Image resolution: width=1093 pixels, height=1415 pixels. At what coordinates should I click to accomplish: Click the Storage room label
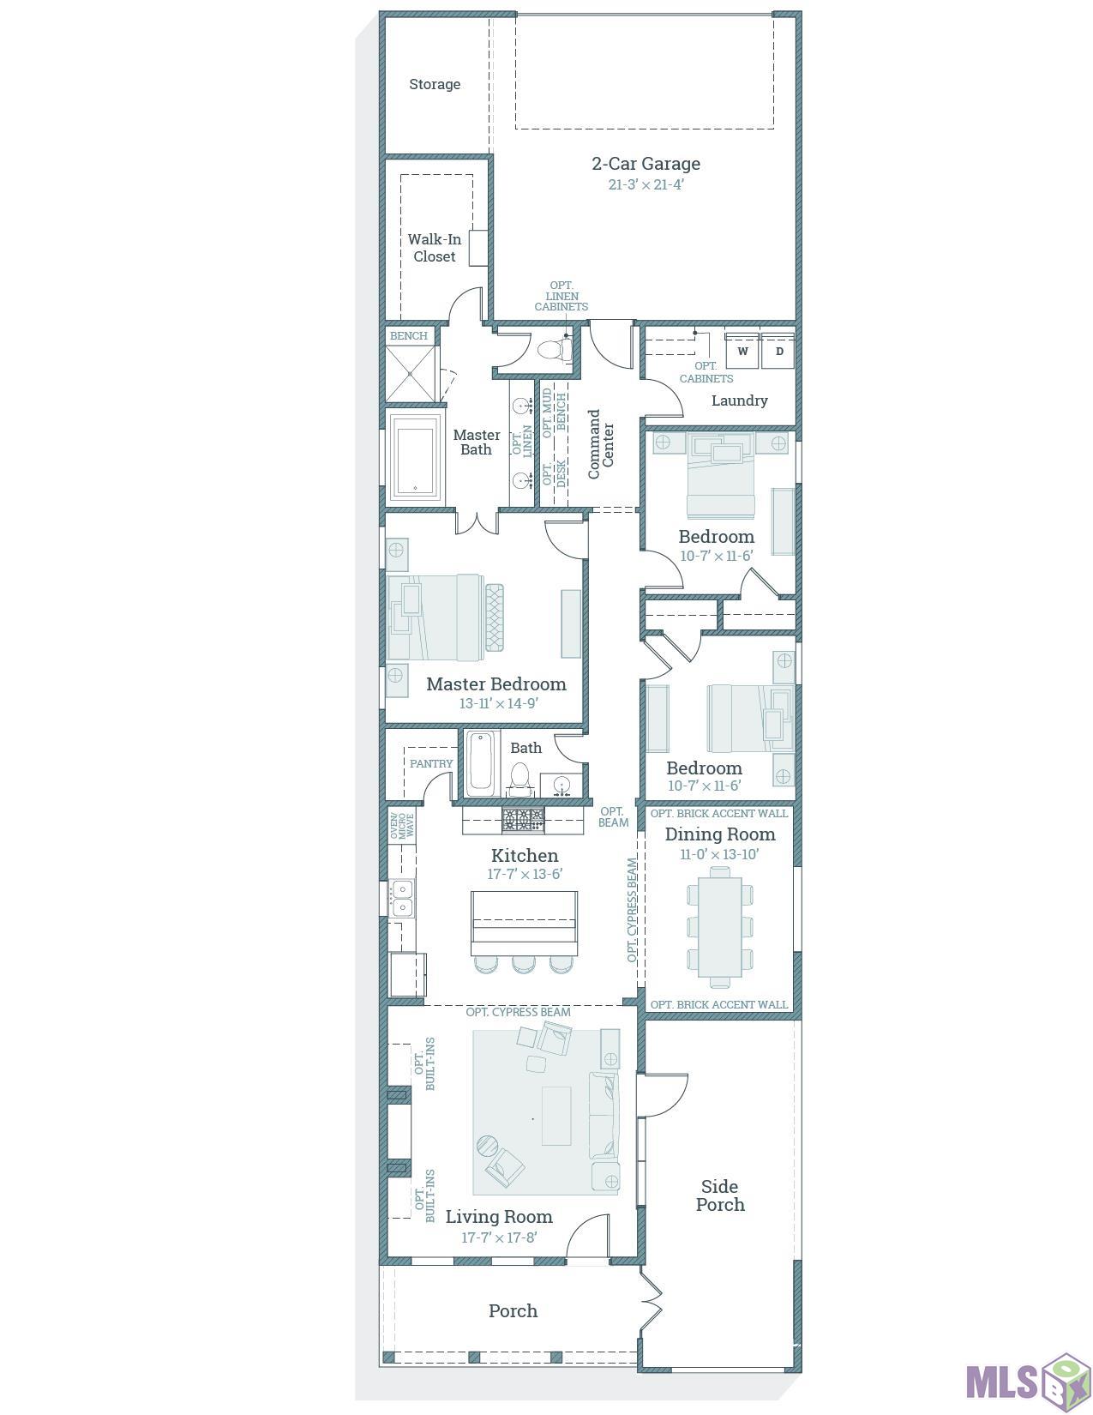(x=435, y=84)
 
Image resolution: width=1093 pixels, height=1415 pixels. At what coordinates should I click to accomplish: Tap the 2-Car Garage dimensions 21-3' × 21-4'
(x=646, y=184)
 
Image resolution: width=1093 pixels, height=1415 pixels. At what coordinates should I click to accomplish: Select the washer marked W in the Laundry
(x=742, y=352)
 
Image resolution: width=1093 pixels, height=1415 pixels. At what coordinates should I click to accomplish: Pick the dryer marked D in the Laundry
(x=778, y=352)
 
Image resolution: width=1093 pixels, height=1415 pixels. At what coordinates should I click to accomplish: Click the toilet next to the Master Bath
(x=554, y=350)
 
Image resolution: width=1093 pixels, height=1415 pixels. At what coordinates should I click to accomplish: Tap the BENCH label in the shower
(x=409, y=336)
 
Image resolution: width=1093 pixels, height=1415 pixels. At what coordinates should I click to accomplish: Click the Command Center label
(x=600, y=444)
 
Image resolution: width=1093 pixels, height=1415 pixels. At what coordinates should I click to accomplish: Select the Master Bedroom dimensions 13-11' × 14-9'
(x=499, y=703)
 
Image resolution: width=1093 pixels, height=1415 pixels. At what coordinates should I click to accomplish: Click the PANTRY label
(x=431, y=763)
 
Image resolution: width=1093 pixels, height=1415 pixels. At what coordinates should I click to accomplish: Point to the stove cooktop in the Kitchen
(x=523, y=818)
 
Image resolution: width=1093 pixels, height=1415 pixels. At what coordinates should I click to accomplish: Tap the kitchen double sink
(x=402, y=897)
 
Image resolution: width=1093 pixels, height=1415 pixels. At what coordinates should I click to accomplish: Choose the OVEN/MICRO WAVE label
(x=402, y=826)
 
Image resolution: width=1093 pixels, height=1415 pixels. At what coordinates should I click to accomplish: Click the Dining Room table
(x=719, y=927)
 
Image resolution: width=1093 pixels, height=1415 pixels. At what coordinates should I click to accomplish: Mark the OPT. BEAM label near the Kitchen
(x=613, y=816)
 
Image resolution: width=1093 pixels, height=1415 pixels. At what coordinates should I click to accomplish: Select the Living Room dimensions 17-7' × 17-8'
(x=499, y=1237)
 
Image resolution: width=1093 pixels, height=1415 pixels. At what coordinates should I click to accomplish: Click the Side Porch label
(x=720, y=1195)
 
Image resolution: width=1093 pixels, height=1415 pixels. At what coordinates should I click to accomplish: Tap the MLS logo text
(x=1002, y=1382)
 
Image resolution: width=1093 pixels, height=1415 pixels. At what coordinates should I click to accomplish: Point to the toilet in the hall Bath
(x=519, y=779)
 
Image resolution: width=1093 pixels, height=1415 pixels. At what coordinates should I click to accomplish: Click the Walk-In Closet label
(x=435, y=248)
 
